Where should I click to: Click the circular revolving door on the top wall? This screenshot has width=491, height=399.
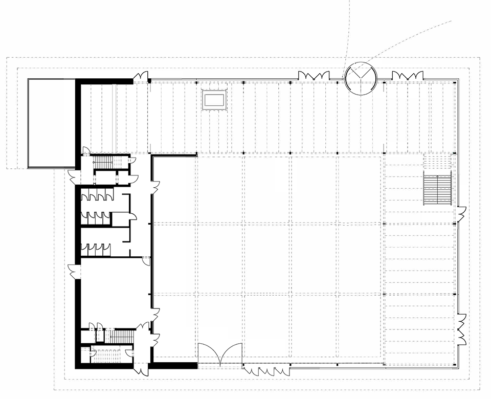pos(361,78)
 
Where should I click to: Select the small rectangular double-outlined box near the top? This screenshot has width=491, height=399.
pos(214,100)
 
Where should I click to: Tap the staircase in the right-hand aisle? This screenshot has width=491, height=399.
pos(437,189)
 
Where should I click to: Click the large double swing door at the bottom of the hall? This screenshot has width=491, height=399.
pos(220,353)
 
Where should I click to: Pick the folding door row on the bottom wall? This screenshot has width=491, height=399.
pos(266,370)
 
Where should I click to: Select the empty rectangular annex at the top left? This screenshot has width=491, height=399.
pos(51,123)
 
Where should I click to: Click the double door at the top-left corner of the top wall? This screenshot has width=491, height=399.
pos(141,77)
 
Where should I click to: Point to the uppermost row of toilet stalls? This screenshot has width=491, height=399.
pos(97,195)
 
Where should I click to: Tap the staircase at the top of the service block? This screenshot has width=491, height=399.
pos(105,163)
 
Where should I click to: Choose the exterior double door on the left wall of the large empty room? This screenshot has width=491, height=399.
pos(74,271)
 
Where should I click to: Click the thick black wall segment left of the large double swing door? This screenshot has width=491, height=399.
pos(174,365)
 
